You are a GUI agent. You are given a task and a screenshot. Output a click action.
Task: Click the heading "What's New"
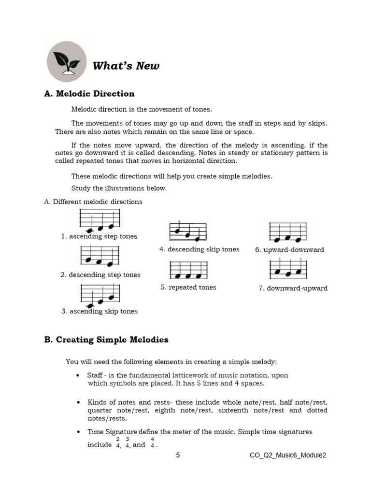[x=126, y=66]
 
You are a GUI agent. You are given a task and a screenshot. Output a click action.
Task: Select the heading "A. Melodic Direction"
[x=89, y=94]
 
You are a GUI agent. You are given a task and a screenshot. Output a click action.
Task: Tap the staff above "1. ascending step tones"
[x=100, y=220]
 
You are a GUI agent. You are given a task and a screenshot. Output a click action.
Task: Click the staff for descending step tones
[x=100, y=257]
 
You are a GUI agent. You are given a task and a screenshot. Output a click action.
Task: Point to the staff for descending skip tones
[x=188, y=232]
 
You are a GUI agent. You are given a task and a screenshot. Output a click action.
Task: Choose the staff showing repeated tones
[x=188, y=270]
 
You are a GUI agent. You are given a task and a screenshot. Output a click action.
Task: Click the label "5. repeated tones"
[x=188, y=287]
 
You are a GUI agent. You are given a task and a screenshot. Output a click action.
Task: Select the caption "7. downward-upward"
[x=293, y=288]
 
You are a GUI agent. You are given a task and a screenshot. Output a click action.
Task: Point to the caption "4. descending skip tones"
[x=199, y=249]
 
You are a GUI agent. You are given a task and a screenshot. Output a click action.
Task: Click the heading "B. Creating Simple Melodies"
[x=106, y=340]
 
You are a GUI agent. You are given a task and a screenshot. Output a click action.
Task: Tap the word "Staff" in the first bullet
[x=95, y=375]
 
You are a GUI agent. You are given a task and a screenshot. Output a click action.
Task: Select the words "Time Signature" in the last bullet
[x=112, y=432]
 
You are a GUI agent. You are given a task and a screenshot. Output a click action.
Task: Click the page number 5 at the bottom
[x=178, y=455]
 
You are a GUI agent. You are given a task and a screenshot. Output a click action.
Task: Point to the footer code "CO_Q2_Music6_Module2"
[x=288, y=455]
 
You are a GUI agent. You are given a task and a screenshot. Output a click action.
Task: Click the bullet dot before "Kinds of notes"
[x=78, y=402]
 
